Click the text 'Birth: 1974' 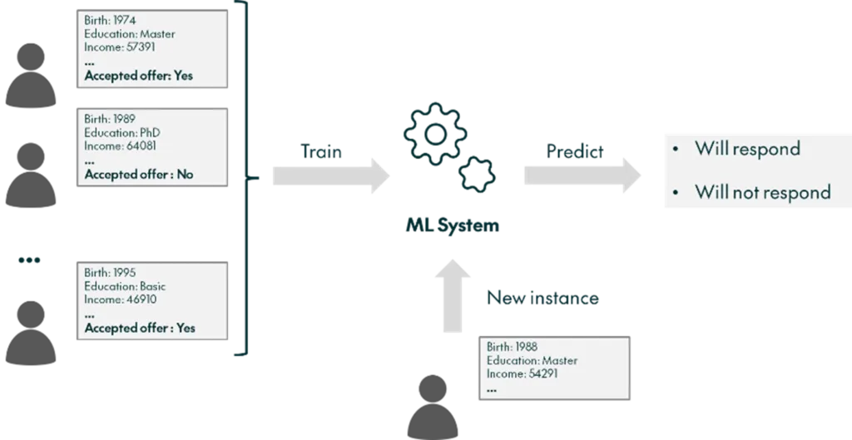point(110,20)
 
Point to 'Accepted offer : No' point(138,175)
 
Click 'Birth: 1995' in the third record point(110,273)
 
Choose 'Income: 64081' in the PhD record point(120,146)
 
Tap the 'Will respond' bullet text point(747,149)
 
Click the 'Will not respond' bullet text point(762,192)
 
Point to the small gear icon point(478,172)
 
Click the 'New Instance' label point(544,298)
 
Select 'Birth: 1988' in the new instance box point(513,348)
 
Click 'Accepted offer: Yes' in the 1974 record point(138,75)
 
